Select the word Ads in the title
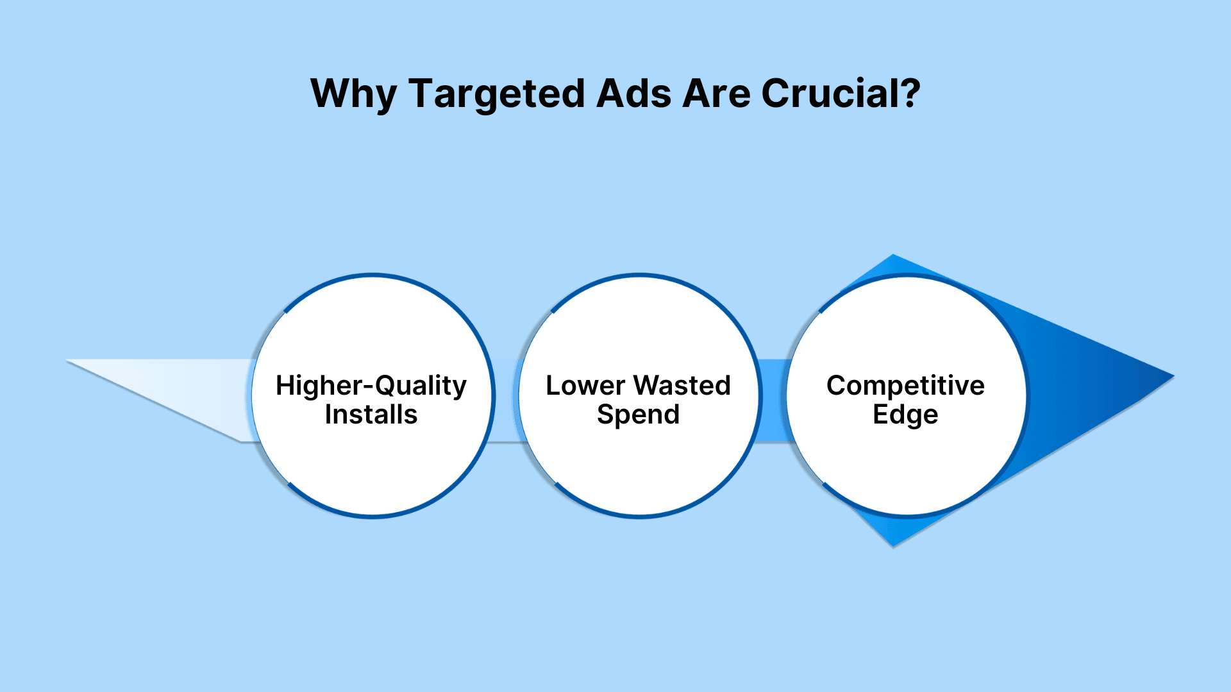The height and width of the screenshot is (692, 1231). (634, 94)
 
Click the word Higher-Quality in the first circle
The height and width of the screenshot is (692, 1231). (371, 386)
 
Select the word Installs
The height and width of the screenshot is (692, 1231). (371, 415)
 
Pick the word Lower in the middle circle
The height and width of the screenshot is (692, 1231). (585, 386)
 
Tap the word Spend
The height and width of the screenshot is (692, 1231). (638, 415)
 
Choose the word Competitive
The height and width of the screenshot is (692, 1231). (905, 386)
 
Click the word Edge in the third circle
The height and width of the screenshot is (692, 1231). (905, 415)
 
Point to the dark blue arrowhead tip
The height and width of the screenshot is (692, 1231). (1173, 376)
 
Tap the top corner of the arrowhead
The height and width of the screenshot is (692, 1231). (893, 255)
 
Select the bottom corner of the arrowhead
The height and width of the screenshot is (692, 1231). (893, 546)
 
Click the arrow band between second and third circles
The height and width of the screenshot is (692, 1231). (774, 400)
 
